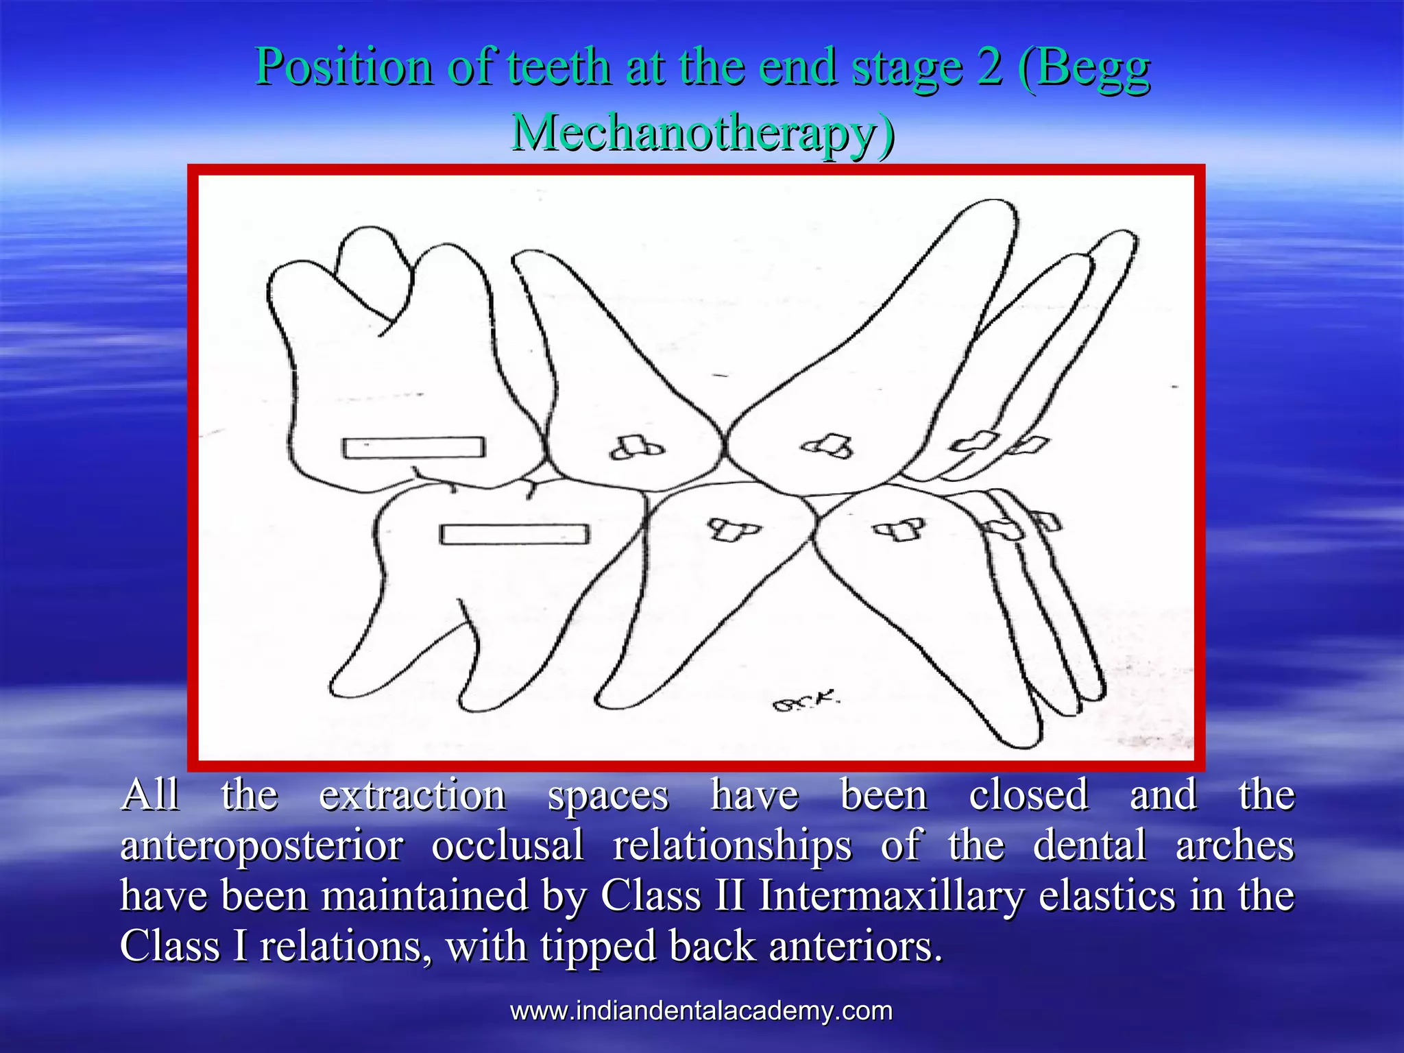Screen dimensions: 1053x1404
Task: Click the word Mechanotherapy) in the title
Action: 703,132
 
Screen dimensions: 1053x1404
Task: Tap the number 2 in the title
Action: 989,67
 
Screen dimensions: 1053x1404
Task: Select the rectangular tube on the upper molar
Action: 413,448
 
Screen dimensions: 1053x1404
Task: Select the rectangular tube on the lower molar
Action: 514,534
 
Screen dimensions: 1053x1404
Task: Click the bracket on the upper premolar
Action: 636,448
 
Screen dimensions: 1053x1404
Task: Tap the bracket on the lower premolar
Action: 733,529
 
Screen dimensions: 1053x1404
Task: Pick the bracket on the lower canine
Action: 898,529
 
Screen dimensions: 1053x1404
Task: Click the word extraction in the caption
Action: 413,795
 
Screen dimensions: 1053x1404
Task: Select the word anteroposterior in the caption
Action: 262,845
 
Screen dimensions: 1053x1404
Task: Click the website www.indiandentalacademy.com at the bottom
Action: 701,1010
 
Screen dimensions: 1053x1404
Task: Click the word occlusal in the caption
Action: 508,845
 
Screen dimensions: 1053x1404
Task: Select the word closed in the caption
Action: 1028,795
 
